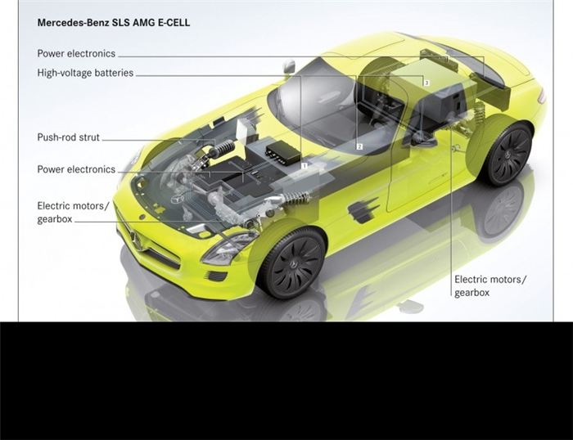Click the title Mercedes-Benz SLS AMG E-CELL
point(114,23)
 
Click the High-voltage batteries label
point(85,73)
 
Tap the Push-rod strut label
point(68,137)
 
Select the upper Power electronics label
point(76,54)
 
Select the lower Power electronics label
point(76,169)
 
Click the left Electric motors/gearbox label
point(73,213)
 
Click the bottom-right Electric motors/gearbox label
point(490,286)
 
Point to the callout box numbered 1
point(304,165)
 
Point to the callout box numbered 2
point(359,146)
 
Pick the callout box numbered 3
point(426,83)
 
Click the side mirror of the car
point(289,65)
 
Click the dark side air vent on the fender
point(363,210)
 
